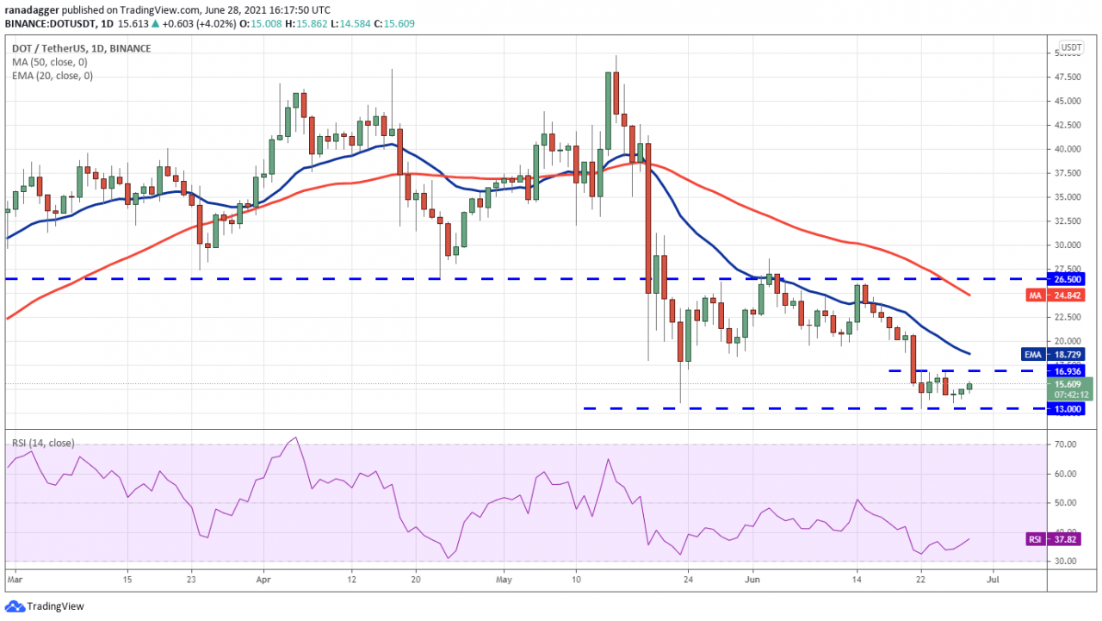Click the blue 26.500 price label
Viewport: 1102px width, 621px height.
(x=1068, y=279)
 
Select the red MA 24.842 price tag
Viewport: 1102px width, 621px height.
(x=1068, y=295)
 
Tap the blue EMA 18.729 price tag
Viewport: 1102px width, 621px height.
(x=1068, y=354)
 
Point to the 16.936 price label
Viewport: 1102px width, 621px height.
(x=1068, y=370)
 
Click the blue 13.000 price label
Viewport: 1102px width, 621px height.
(x=1068, y=408)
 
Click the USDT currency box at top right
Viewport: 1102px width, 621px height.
(x=1071, y=47)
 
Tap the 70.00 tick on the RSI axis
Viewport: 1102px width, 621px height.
(x=1068, y=444)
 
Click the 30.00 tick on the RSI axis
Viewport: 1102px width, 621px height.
(x=1068, y=561)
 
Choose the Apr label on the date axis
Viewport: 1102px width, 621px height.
(x=262, y=581)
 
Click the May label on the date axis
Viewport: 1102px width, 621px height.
(x=505, y=581)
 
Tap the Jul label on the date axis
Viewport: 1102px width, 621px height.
(x=992, y=581)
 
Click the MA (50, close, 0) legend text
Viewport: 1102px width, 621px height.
(x=46, y=62)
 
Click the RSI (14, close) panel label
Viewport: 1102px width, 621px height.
(x=43, y=443)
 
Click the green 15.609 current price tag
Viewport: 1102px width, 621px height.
(x=1068, y=384)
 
